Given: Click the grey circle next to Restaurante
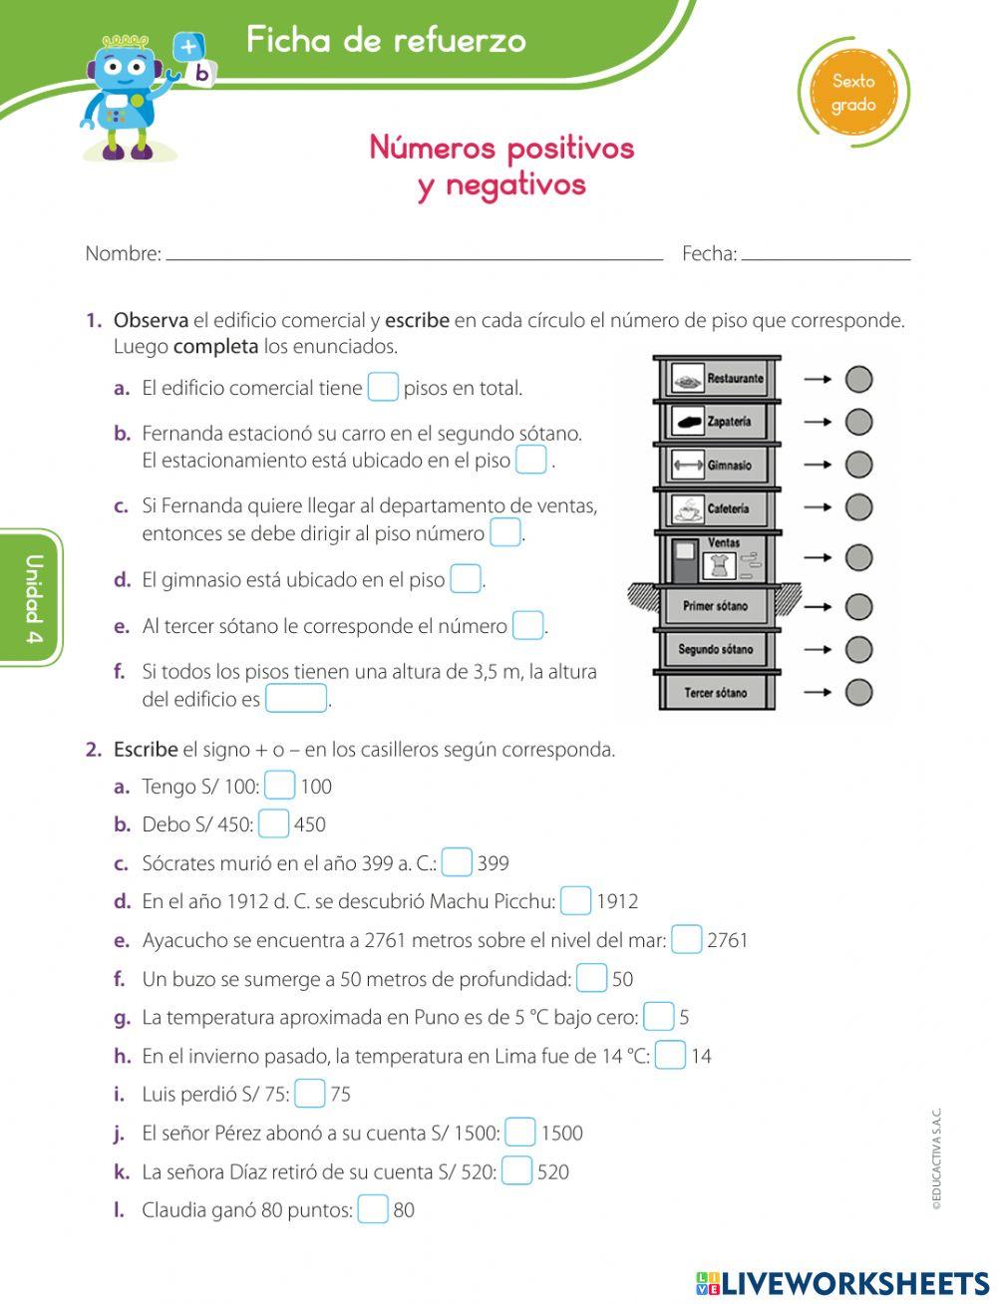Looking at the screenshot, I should coord(858,379).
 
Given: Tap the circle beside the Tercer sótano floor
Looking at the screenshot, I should coord(858,692).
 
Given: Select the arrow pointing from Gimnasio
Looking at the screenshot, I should coord(818,465).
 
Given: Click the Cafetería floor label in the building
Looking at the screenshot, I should coord(728,508).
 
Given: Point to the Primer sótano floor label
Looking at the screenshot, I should coord(715,606).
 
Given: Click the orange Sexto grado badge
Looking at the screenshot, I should coord(853,93).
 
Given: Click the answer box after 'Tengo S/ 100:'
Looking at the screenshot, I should coord(280,786).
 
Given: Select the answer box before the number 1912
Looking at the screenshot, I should coord(575,901).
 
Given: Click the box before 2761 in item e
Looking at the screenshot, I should coord(686,939).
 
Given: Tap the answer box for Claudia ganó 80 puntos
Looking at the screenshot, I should coord(373,1209).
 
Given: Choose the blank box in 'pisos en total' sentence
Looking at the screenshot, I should coord(383,387).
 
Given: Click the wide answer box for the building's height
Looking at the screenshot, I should coord(296,699).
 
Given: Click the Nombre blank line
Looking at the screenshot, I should coord(414,254).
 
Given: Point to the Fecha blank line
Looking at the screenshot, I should coord(826,254).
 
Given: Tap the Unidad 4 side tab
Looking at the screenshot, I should coord(33,598).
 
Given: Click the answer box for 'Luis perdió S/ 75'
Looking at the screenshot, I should coord(310,1094).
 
